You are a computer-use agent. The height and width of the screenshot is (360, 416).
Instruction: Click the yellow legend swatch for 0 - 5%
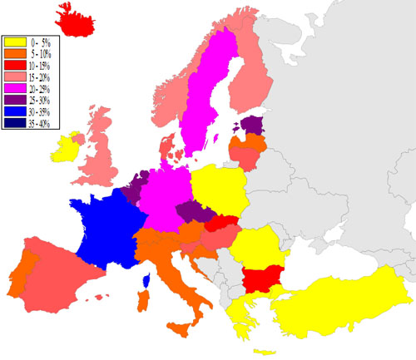[x=15, y=42]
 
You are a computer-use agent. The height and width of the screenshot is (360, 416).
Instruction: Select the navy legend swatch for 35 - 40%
[x=15, y=124]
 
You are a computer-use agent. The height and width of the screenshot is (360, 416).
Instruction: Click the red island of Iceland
[x=84, y=18]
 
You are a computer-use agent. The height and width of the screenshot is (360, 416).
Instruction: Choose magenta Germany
[x=166, y=195]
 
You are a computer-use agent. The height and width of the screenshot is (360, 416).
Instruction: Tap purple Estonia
[x=250, y=126]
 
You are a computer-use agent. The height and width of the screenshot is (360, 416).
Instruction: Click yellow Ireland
[x=66, y=148]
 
